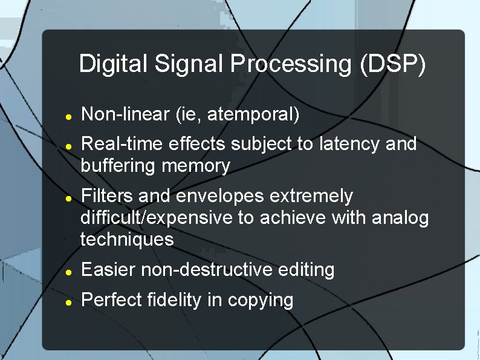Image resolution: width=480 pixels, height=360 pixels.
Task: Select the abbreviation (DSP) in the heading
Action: click(x=393, y=64)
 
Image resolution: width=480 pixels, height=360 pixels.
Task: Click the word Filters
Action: click(x=108, y=196)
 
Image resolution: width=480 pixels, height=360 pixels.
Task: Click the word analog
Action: click(x=400, y=218)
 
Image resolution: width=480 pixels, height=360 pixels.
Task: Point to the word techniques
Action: click(x=127, y=240)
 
